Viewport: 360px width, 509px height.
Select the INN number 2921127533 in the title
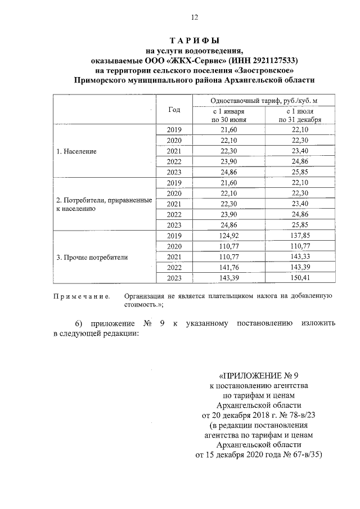(x=274, y=60)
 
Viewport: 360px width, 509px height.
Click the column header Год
(x=174, y=110)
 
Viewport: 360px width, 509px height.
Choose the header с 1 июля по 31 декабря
(x=299, y=115)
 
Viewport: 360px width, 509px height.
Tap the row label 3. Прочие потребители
(x=92, y=258)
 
